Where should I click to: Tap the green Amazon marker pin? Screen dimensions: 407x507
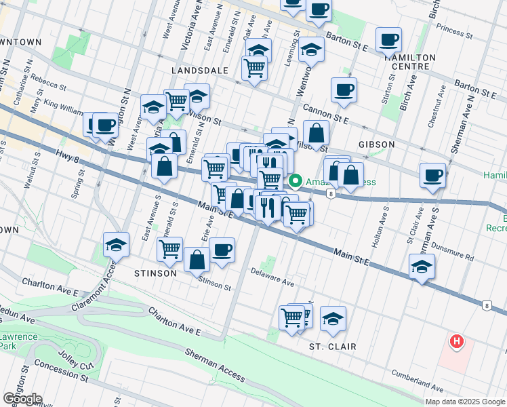click(296, 181)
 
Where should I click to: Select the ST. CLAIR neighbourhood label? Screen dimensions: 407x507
click(333, 347)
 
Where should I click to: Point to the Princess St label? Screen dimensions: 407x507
click(456, 29)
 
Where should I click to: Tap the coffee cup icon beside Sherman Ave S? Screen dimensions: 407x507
click(432, 176)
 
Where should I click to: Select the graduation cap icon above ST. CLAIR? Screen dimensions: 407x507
click(333, 319)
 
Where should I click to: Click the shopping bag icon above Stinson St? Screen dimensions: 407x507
click(197, 260)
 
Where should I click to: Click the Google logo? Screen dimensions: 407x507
click(22, 399)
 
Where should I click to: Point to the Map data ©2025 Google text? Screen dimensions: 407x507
click(465, 402)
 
